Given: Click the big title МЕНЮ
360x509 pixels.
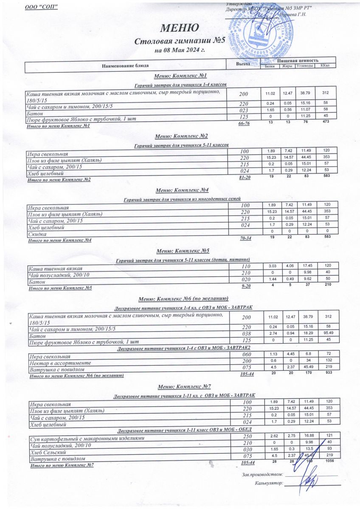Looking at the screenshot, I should click(180, 28).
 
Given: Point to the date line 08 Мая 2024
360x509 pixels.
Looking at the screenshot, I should click(180, 50).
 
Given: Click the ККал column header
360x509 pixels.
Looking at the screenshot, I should click(326, 66).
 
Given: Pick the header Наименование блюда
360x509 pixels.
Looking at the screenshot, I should click(125, 66).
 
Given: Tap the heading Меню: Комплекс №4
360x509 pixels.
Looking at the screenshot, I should click(181, 190).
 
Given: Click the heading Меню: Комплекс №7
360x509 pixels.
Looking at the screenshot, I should click(181, 387).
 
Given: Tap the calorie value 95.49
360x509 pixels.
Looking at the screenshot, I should click(326, 333).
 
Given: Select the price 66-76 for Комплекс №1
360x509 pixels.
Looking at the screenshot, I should click(244, 123).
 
